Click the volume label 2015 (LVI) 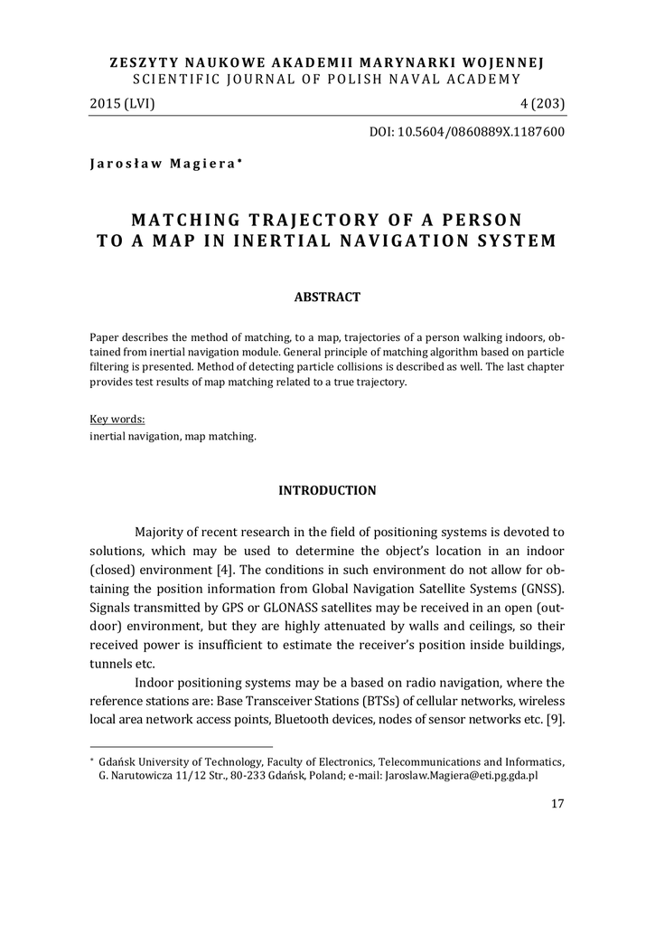pyautogui.click(x=123, y=104)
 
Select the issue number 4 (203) pyautogui.click(x=539, y=104)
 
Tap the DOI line pyautogui.click(x=467, y=132)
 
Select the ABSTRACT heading pyautogui.click(x=327, y=297)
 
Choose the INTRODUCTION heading pyautogui.click(x=327, y=490)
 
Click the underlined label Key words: pyautogui.click(x=118, y=420)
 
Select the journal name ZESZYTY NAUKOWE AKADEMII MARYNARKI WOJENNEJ pyautogui.click(x=327, y=62)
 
